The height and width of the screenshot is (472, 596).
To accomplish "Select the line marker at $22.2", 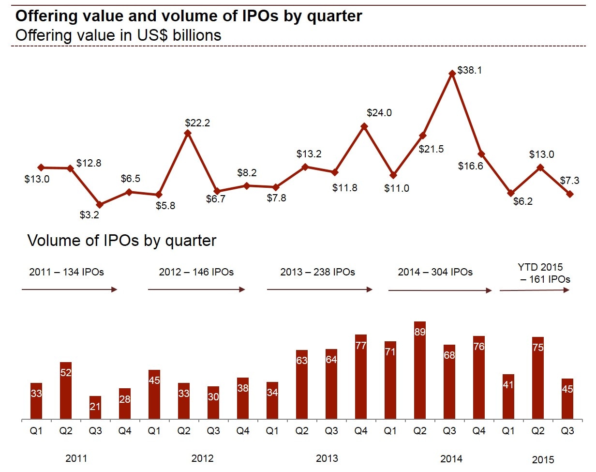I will click(188, 133).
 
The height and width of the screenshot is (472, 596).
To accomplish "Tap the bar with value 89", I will click(420, 370).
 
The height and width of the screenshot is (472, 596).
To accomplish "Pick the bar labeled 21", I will click(95, 408).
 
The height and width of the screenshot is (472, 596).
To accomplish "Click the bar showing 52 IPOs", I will click(66, 391).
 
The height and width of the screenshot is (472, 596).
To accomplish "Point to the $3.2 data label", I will click(89, 215).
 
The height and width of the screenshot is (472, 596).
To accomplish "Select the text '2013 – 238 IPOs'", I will click(317, 272).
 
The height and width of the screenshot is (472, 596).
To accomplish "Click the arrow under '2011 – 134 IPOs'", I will click(69, 289).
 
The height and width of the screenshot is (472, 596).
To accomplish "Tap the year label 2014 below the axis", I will click(451, 458).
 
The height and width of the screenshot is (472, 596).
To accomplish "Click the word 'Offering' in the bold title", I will click(46, 16).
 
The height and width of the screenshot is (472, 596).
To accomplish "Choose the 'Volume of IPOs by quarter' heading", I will click(122, 241).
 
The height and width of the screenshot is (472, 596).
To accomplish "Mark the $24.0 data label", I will click(379, 113).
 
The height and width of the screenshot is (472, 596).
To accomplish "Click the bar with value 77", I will click(361, 377).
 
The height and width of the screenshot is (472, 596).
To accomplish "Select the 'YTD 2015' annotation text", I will click(541, 267).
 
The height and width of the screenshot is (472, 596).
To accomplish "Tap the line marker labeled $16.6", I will click(481, 154).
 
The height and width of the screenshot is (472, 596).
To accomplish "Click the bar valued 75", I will click(538, 378).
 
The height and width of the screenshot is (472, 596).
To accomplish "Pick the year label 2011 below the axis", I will click(77, 458).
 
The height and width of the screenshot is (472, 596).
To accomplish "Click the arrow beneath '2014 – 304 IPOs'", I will click(440, 290).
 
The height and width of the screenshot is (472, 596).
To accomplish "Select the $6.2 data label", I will click(523, 202).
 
